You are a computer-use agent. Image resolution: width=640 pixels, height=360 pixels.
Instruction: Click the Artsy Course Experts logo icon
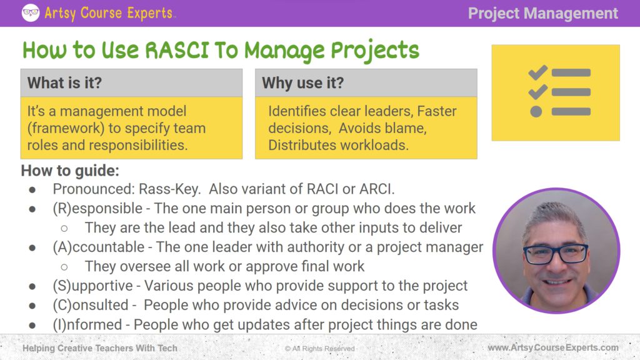[31, 13]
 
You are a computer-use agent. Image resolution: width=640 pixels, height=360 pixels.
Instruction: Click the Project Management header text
[542, 13]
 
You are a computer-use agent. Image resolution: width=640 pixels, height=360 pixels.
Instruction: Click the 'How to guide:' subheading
[70, 171]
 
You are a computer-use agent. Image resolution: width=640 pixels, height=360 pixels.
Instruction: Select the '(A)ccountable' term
[101, 247]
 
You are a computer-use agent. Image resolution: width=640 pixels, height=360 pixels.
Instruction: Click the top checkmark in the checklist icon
[537, 71]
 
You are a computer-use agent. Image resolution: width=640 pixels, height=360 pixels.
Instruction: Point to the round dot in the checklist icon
[536, 111]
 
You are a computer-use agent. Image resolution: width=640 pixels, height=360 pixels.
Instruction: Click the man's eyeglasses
[555, 253]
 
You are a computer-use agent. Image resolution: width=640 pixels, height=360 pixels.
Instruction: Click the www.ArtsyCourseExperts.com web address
[553, 347]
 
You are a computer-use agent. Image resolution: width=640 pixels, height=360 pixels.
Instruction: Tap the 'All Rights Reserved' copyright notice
[319, 348]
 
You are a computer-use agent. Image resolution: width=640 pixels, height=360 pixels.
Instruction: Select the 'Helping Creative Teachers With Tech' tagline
[100, 347]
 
